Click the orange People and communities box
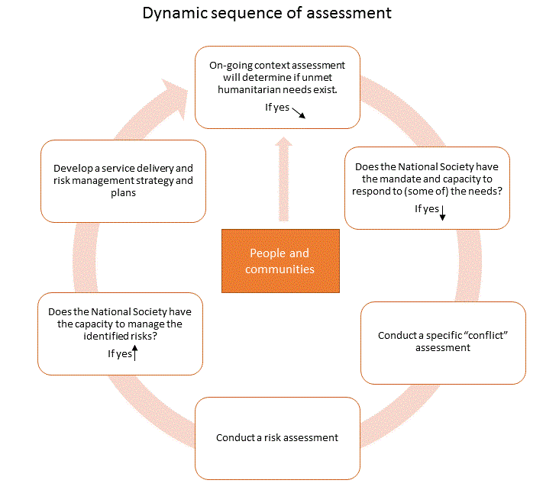280,260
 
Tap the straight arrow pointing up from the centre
283,179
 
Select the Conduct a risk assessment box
277,437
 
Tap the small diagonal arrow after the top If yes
299,112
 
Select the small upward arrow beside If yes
134,352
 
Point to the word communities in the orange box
280,269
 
